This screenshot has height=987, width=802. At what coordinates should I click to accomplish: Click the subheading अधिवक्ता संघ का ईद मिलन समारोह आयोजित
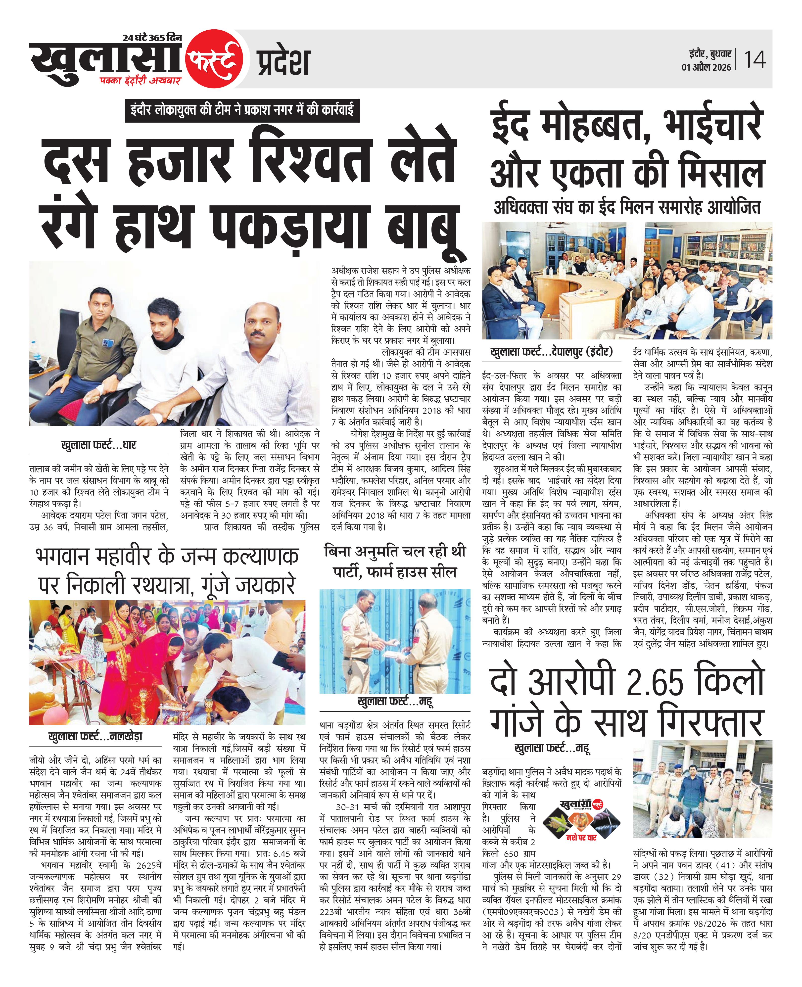pos(627,207)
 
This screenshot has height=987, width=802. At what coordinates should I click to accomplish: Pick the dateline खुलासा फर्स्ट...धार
pos(98,445)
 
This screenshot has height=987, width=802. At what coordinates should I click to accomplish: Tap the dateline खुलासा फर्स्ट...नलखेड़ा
pos(95,736)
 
